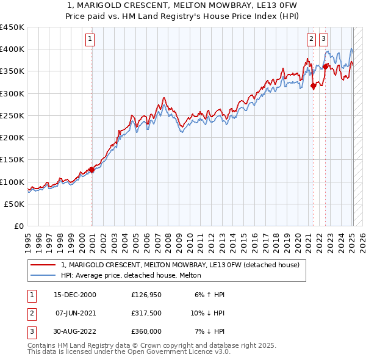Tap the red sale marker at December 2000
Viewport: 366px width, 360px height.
click(x=91, y=170)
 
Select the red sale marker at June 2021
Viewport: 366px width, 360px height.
click(x=314, y=86)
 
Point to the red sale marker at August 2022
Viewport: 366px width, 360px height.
click(x=326, y=67)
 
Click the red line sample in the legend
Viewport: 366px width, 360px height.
click(x=43, y=265)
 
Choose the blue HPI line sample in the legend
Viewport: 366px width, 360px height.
click(x=43, y=276)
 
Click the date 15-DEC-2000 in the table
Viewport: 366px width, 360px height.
click(x=75, y=295)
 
